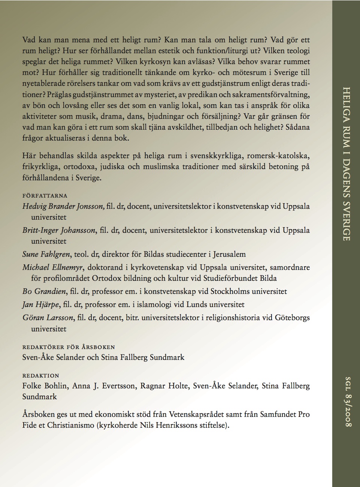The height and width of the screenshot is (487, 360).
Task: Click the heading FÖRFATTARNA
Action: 45,196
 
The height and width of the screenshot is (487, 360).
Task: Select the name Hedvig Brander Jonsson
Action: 63,206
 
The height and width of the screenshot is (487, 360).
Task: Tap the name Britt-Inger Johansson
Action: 59,230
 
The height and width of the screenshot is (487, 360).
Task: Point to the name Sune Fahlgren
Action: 46,254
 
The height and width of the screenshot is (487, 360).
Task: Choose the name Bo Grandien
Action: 44,291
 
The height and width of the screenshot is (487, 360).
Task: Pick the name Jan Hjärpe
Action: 40,304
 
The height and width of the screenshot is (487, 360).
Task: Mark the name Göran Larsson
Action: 48,318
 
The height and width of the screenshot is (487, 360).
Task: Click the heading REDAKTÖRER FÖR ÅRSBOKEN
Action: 69,347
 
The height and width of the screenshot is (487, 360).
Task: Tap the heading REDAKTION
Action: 40,376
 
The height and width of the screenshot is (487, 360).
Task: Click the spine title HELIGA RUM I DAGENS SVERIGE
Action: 346,164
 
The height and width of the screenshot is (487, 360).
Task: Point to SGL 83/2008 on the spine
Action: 347,401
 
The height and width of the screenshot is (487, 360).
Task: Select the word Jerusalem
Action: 229,254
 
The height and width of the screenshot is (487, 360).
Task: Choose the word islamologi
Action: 152,304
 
